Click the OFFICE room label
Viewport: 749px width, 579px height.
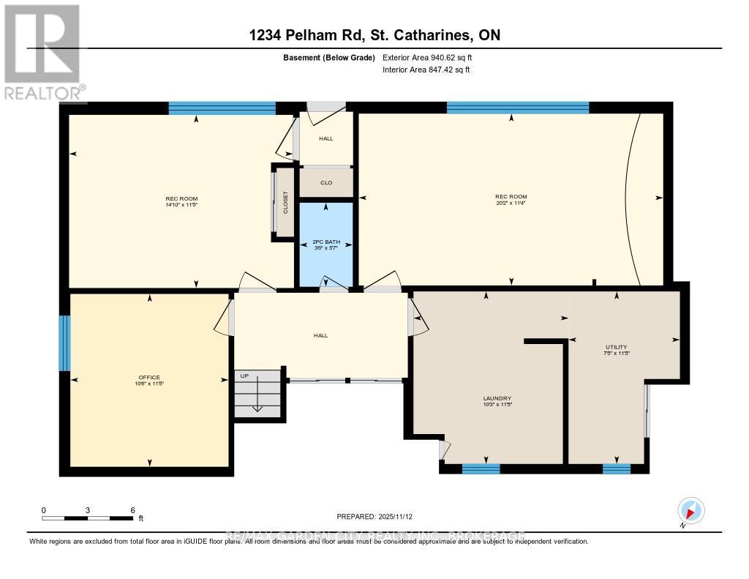tap(148, 378)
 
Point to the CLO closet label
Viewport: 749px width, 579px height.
tap(326, 183)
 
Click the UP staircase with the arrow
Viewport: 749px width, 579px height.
tap(257, 394)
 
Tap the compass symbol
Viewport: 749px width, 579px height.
tap(690, 510)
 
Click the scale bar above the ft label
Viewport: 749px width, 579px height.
tap(87, 518)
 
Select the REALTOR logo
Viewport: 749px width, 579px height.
tap(43, 51)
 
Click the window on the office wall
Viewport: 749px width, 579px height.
tap(64, 343)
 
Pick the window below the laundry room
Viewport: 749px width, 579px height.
tap(481, 469)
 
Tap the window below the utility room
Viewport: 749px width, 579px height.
tap(616, 469)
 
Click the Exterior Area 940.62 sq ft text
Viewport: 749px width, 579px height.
tap(432, 57)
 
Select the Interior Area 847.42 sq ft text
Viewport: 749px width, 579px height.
tap(426, 70)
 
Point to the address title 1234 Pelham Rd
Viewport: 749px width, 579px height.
tap(374, 35)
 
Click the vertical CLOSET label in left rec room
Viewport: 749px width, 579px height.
tap(285, 203)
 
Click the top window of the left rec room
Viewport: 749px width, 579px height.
tap(222, 108)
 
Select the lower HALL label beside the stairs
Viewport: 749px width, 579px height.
tap(320, 335)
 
